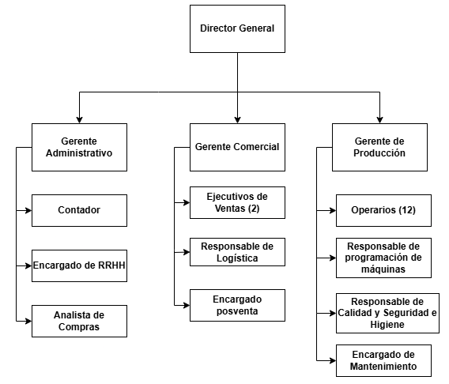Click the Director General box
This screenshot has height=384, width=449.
click(x=237, y=28)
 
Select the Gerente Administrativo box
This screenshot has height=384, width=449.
click(x=79, y=148)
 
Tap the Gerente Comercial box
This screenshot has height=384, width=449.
click(x=237, y=148)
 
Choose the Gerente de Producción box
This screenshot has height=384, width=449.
click(x=379, y=148)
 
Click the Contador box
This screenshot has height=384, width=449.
click(x=79, y=211)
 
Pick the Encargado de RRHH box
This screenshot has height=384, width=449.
click(x=79, y=265)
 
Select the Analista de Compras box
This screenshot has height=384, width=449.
click(x=79, y=321)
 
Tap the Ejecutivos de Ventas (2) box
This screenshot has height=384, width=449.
click(x=237, y=202)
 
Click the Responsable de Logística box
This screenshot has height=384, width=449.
click(x=237, y=252)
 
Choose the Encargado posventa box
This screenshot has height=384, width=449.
click(x=237, y=305)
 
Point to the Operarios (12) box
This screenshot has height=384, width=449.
click(x=383, y=211)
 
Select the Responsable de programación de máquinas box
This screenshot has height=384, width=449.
click(x=383, y=258)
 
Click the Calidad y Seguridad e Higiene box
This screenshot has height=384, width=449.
click(x=387, y=314)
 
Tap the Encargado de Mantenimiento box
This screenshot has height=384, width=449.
click(x=383, y=360)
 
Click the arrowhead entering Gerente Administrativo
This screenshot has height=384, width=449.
click(x=79, y=120)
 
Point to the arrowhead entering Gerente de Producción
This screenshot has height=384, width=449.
click(x=379, y=120)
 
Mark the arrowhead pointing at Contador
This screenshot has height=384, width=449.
click(x=28, y=211)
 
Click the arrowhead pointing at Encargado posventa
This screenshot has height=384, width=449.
click(x=187, y=305)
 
